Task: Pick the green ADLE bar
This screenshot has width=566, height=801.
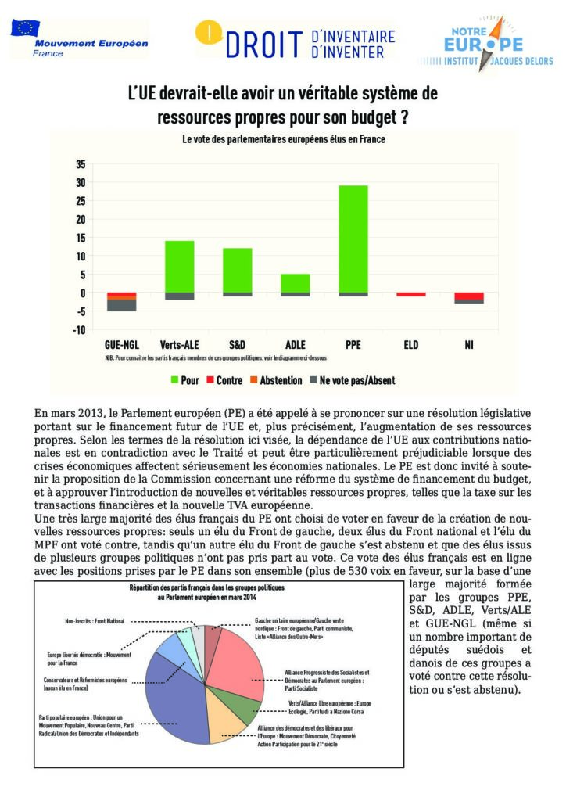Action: click(296, 282)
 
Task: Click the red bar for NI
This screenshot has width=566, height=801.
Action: click(469, 296)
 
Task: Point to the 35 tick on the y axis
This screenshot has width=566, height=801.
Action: click(80, 163)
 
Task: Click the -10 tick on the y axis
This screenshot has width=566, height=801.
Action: click(78, 329)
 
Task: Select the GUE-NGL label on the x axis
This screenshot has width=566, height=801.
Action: click(121, 345)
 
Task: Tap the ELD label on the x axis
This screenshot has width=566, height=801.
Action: click(411, 345)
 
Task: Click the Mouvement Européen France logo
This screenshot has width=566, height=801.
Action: click(78, 38)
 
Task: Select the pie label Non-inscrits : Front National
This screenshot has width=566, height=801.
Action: click(95, 620)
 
